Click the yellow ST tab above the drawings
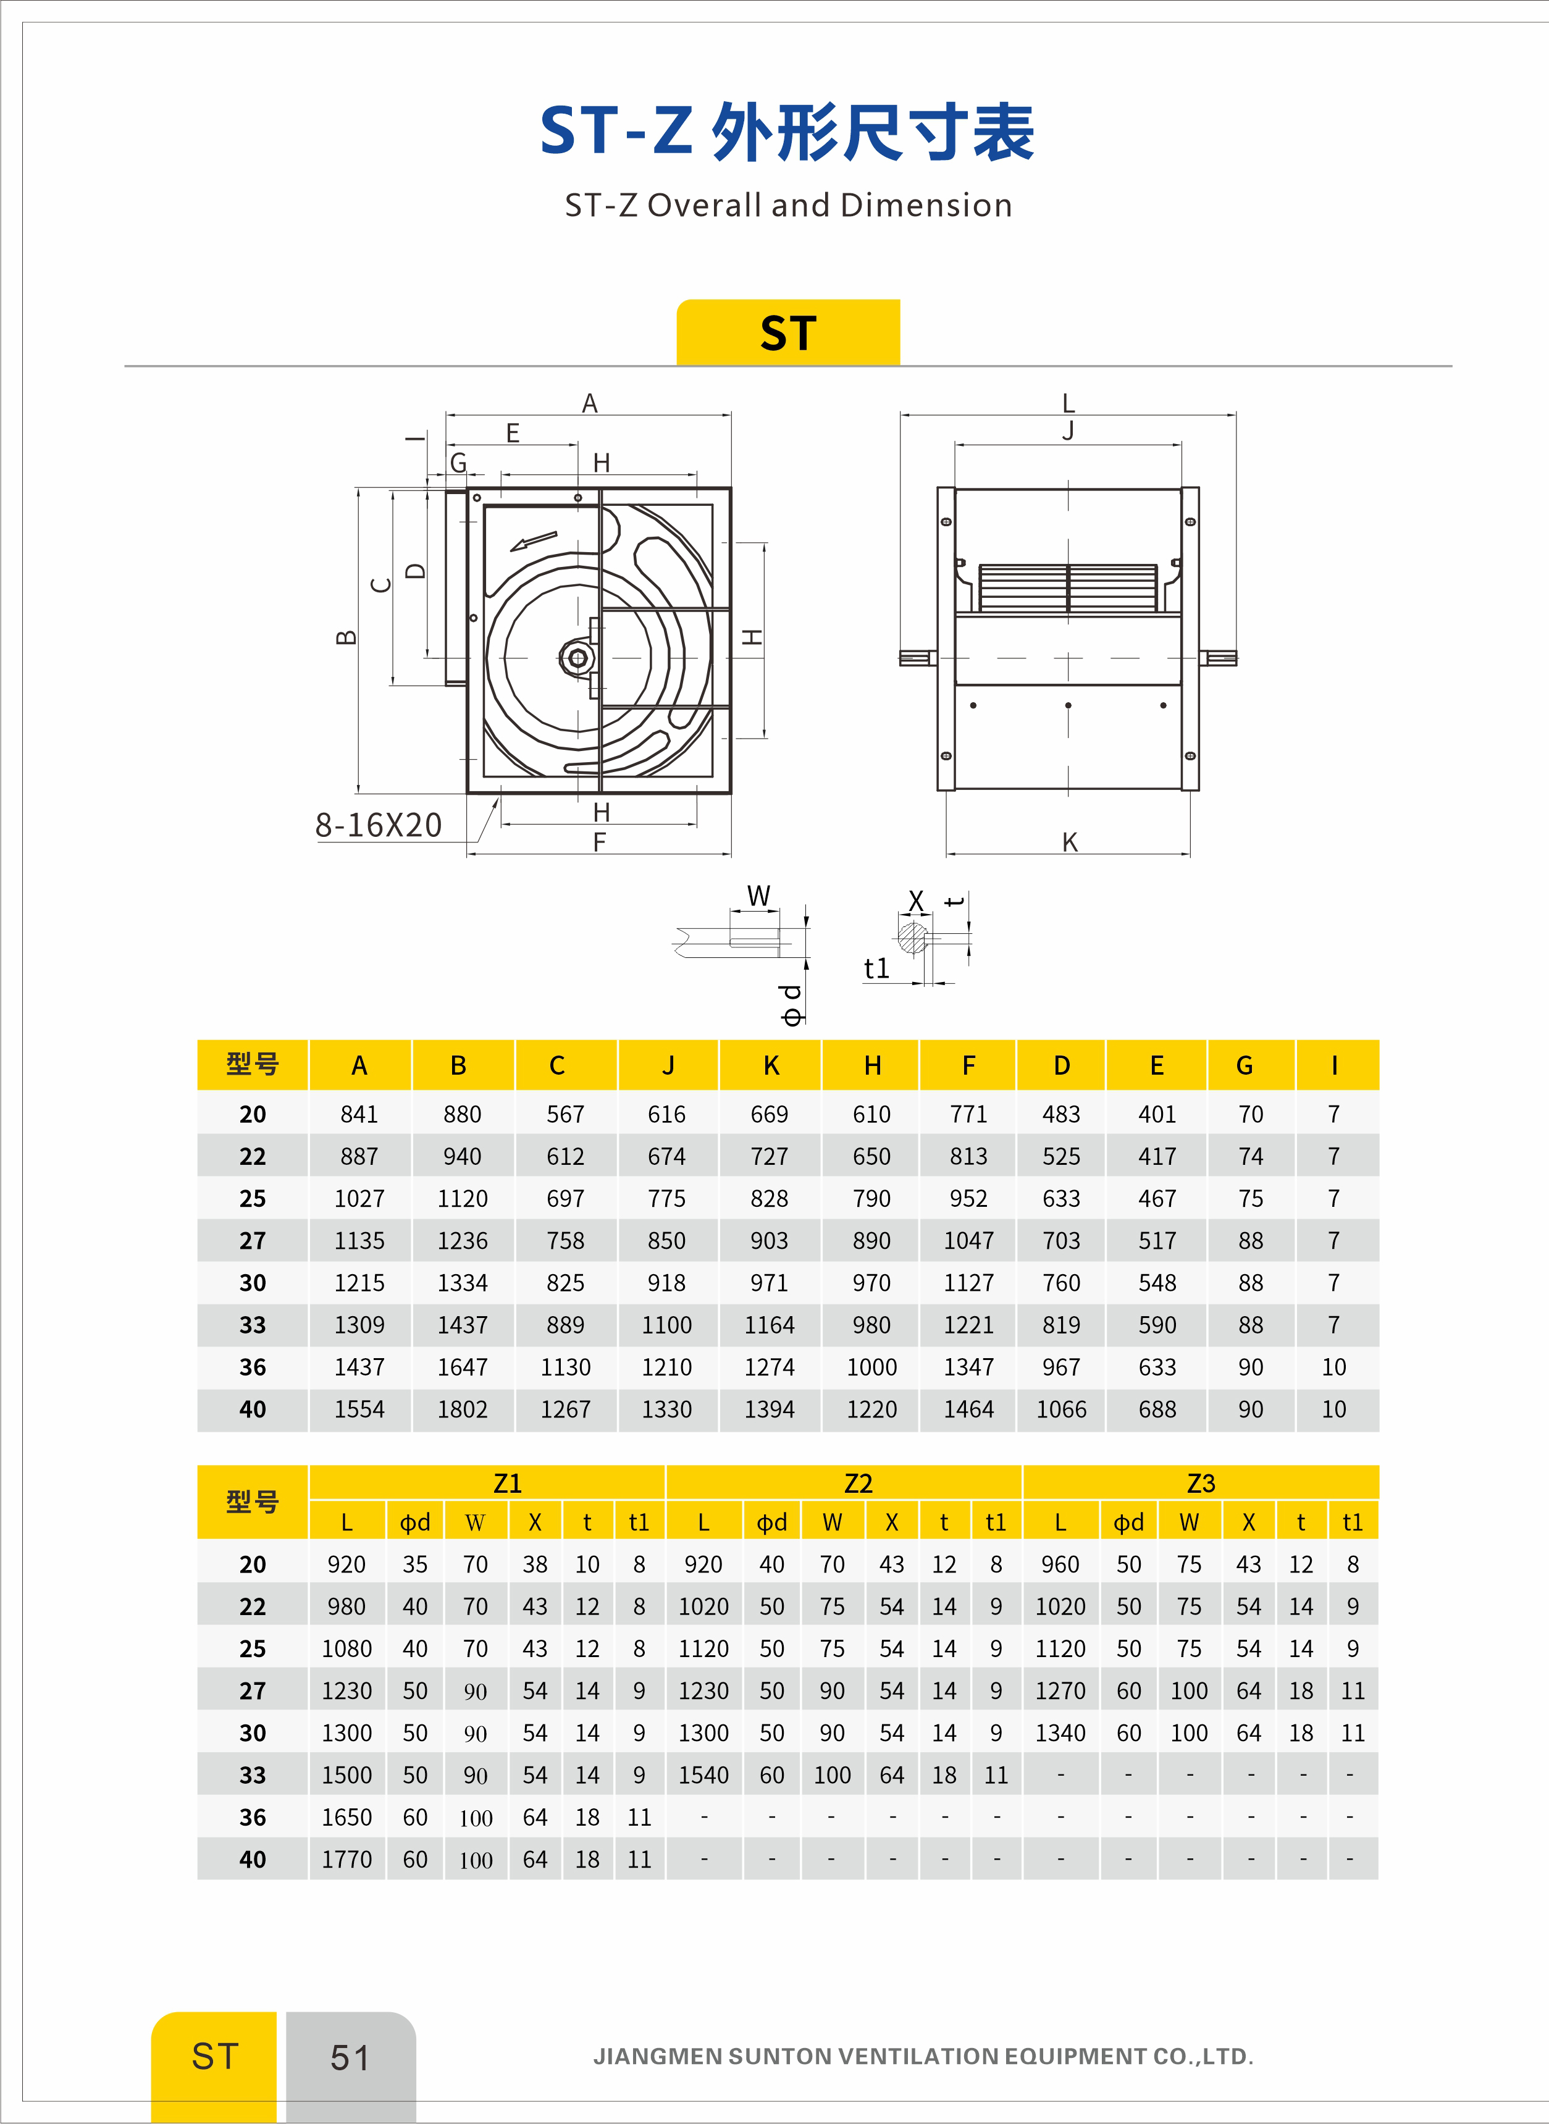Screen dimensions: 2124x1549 [x=787, y=333]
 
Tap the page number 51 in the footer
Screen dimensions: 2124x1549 [x=350, y=2057]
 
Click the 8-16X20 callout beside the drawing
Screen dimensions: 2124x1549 [x=378, y=825]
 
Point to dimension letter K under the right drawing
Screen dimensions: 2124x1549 [x=1069, y=842]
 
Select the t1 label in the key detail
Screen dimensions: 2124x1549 [x=876, y=968]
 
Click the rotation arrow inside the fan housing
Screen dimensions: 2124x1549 [x=532, y=542]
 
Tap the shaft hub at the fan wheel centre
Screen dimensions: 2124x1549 [x=577, y=658]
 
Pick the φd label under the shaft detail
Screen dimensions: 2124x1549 [x=793, y=1004]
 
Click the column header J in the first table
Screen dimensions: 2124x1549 [x=668, y=1065]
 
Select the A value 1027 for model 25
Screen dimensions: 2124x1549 [x=359, y=1198]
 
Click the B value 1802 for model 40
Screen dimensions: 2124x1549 [x=462, y=1409]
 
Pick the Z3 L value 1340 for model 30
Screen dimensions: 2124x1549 [x=1060, y=1733]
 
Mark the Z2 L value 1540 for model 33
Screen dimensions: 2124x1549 [x=703, y=1775]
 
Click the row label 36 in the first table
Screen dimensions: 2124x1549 [x=252, y=1367]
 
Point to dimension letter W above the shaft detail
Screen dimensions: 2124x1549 [x=758, y=896]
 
